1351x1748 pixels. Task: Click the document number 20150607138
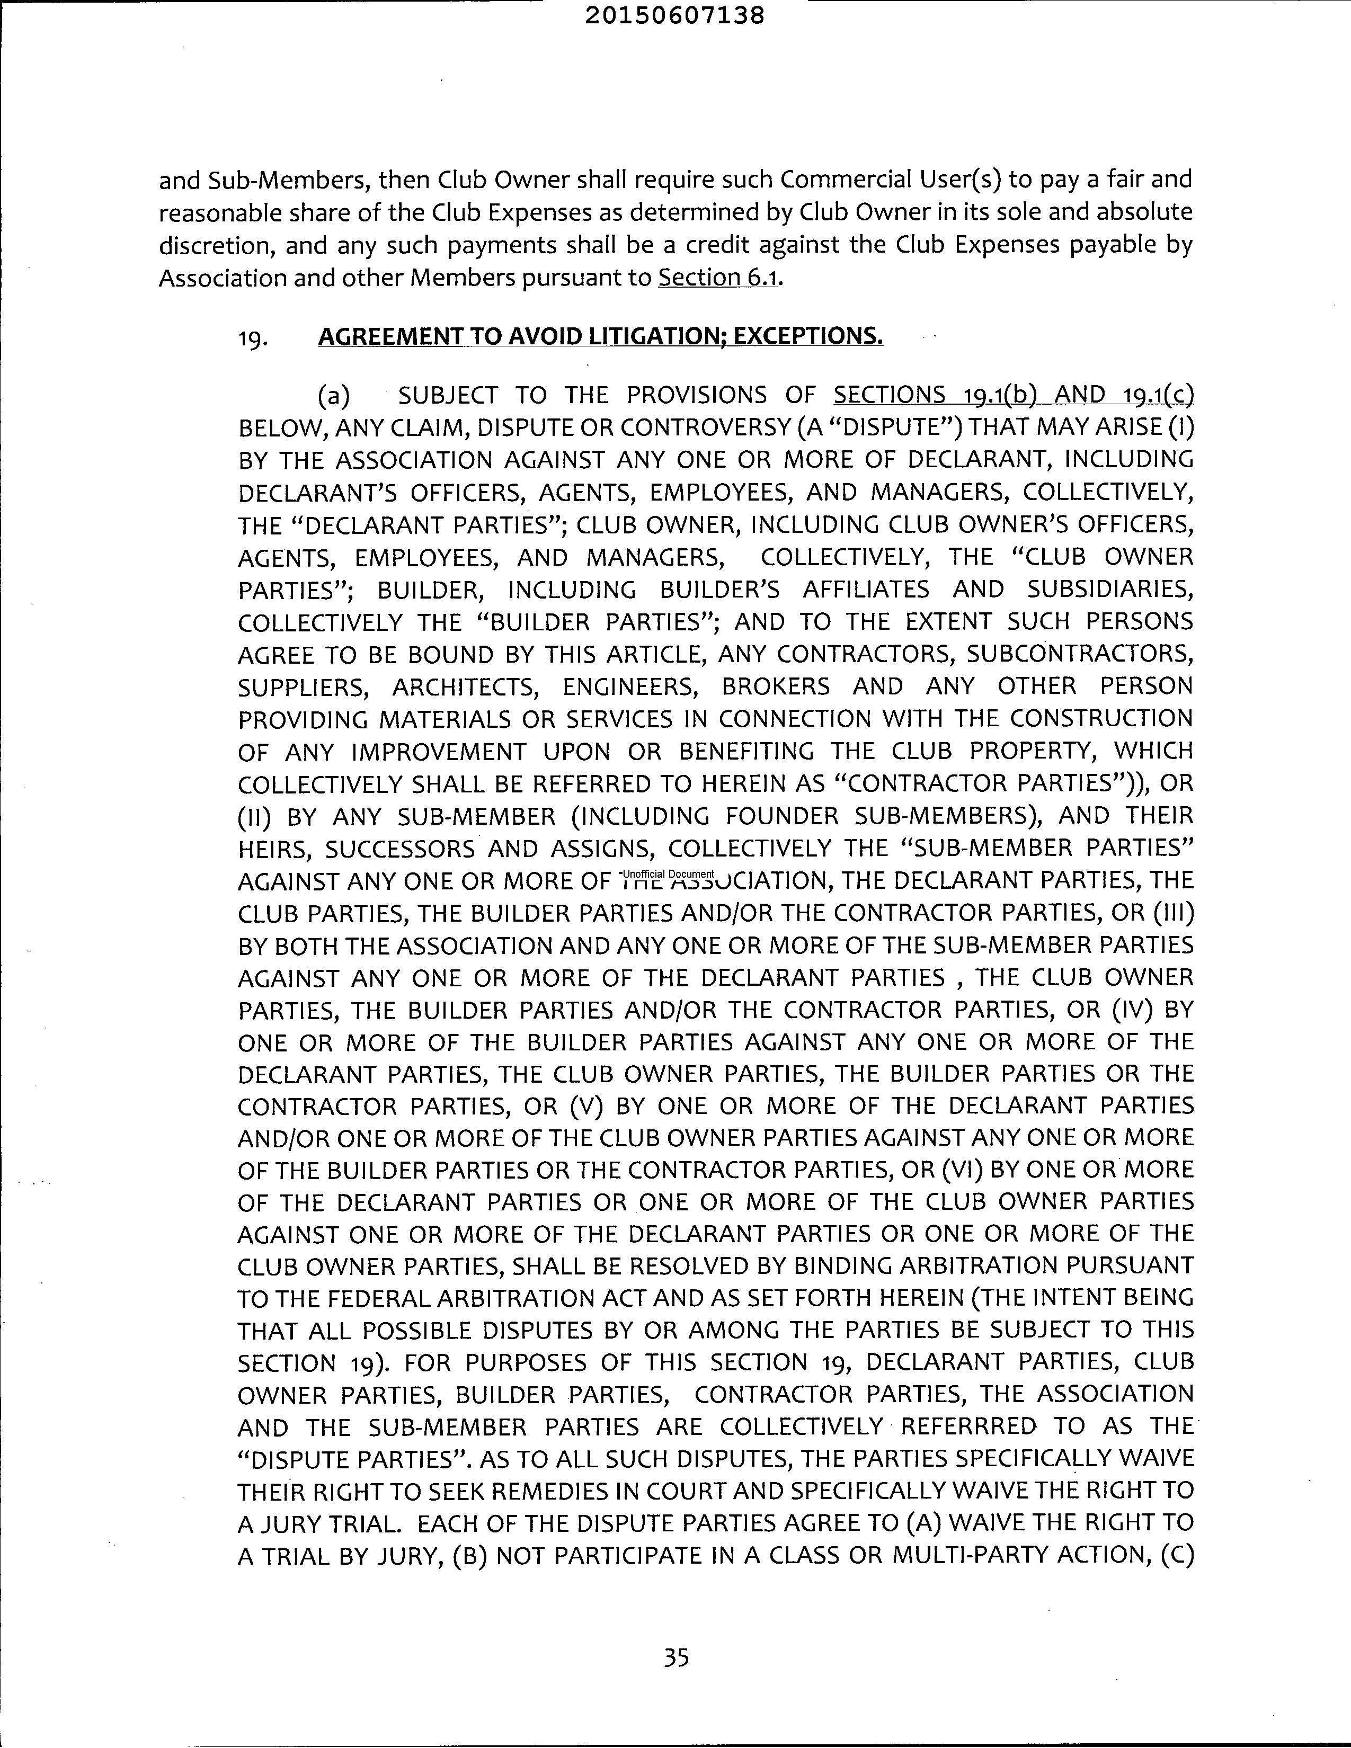[674, 15]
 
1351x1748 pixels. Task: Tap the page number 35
[677, 1657]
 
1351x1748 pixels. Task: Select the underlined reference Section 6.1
[718, 278]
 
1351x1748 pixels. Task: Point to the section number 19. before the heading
[252, 338]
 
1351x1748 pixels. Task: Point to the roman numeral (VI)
[964, 1170]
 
